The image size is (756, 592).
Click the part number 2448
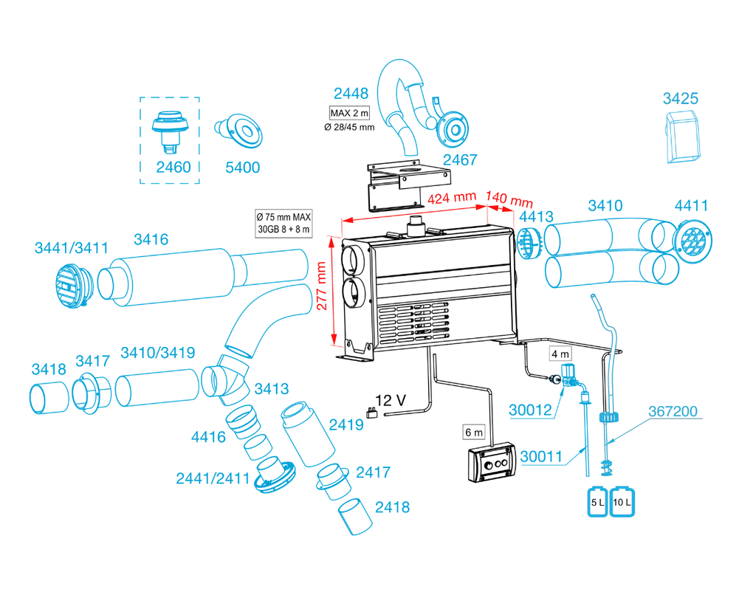coord(351,94)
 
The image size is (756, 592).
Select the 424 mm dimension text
coord(451,198)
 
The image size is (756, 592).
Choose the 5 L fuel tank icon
coord(597,502)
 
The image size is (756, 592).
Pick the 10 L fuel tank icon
coord(622,502)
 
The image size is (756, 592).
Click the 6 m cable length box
coord(472,431)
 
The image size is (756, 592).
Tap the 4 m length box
coord(560,354)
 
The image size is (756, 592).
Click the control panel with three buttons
coord(489,463)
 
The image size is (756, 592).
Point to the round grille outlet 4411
coord(693,239)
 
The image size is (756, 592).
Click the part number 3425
coord(680,98)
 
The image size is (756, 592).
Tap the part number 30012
coord(530,410)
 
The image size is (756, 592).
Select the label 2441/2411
coord(213,478)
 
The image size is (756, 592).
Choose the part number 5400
coord(242,168)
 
